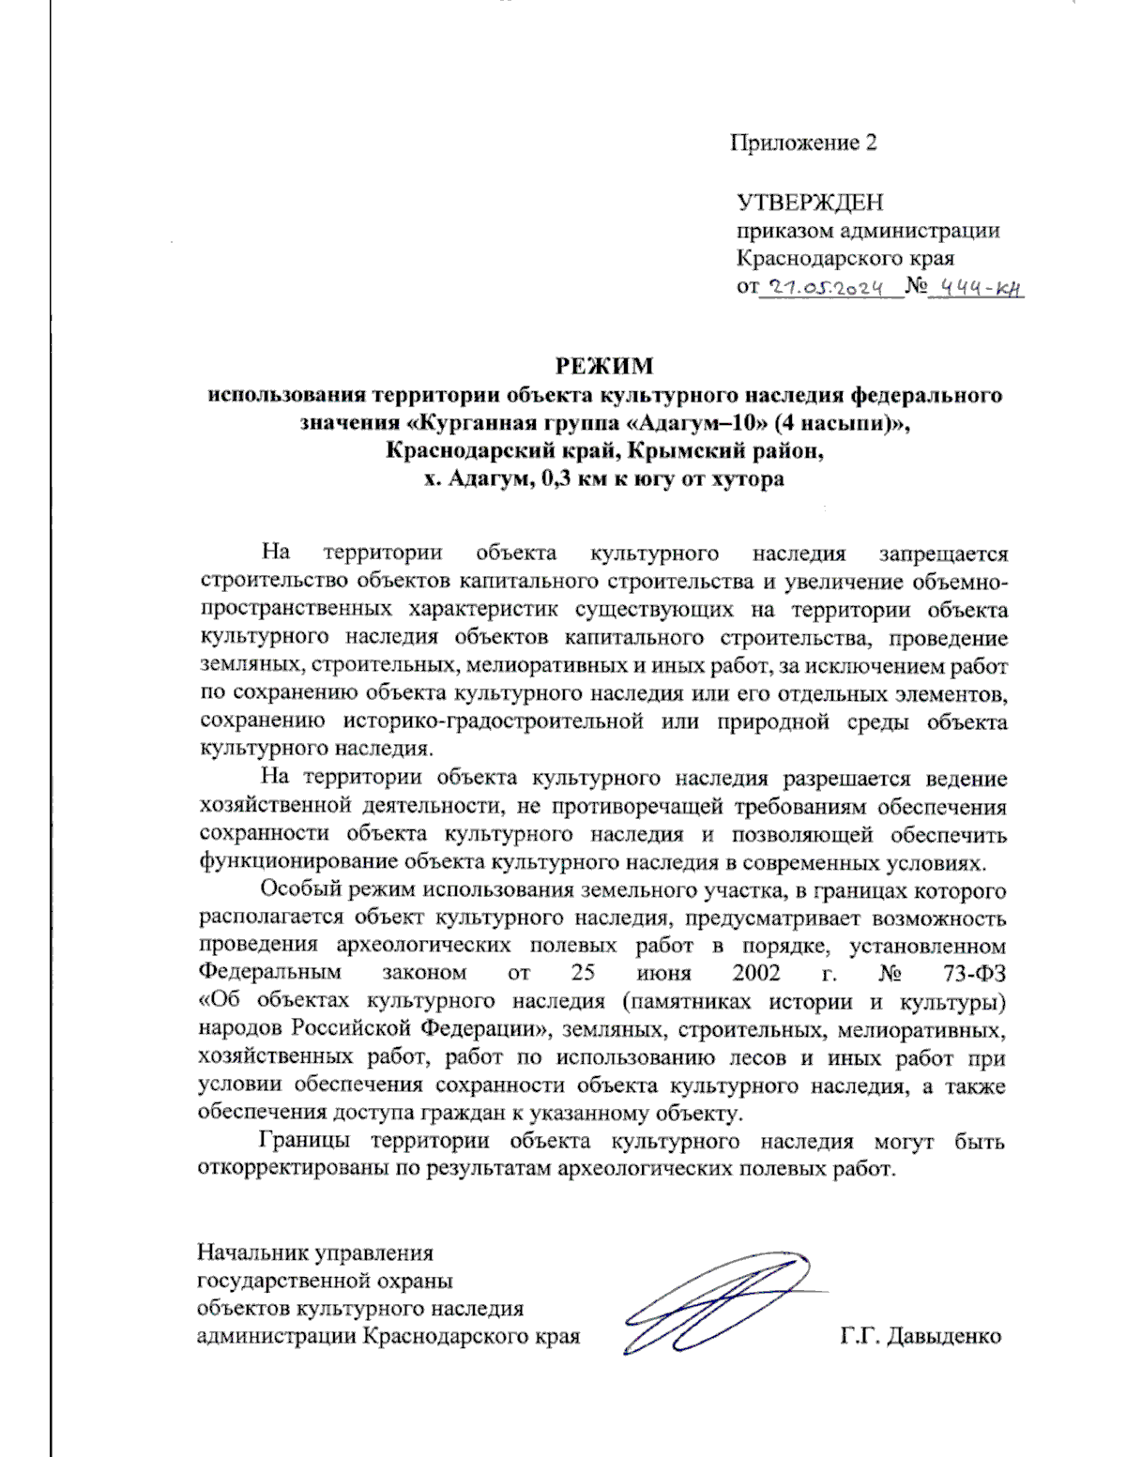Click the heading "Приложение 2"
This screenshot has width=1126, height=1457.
pyautogui.click(x=804, y=143)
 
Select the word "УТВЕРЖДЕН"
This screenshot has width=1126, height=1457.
pyautogui.click(x=809, y=203)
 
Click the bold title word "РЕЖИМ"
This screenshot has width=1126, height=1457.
pyautogui.click(x=604, y=366)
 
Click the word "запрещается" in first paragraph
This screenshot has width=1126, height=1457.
pyautogui.click(x=943, y=554)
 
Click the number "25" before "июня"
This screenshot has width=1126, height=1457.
pyautogui.click(x=584, y=973)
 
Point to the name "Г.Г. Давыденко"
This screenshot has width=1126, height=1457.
pyautogui.click(x=921, y=1336)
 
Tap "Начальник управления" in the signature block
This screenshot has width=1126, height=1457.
pyautogui.click(x=315, y=1252)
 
